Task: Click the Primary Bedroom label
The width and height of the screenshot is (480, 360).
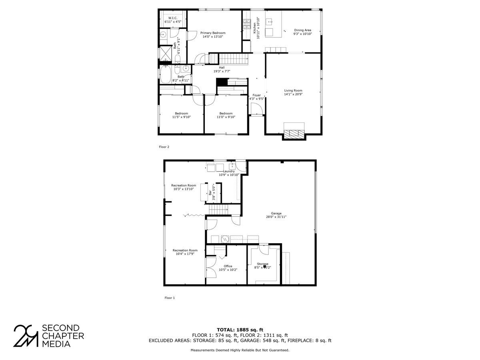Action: [213, 33]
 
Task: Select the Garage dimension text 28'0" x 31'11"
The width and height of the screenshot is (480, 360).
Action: [276, 217]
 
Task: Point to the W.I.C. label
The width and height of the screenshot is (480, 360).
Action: [173, 18]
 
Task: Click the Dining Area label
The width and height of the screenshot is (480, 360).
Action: [302, 30]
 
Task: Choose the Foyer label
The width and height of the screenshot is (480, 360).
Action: [256, 95]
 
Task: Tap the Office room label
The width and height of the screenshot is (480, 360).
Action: [228, 266]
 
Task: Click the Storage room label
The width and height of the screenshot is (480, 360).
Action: [262, 264]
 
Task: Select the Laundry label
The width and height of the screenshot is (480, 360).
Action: [229, 171]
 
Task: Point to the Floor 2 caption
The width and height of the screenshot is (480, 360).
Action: [164, 147]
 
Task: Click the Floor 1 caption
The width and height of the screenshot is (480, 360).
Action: [170, 298]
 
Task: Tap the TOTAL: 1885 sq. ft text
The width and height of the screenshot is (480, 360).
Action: [240, 330]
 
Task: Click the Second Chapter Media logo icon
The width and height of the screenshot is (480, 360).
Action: [26, 336]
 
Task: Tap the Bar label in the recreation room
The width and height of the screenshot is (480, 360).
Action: [210, 193]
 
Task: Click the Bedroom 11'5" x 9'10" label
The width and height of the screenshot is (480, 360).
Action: [181, 113]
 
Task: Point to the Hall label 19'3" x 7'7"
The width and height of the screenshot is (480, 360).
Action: [221, 68]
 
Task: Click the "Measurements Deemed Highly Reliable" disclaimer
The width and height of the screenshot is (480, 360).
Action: [240, 350]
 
